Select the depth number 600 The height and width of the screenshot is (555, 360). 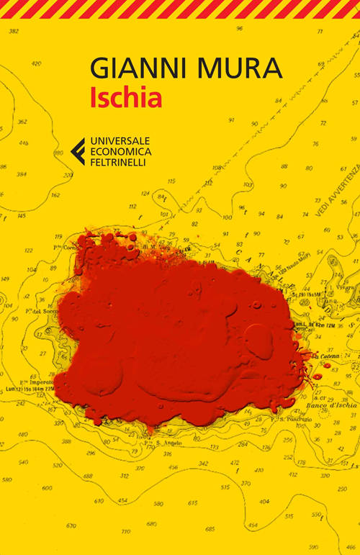tap(47, 488)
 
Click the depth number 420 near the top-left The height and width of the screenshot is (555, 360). tap(37, 63)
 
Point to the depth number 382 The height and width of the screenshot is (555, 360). tap(13, 32)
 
